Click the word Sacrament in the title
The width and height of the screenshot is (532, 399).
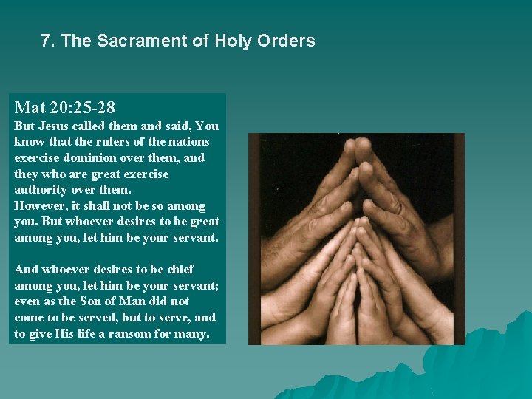[140, 41]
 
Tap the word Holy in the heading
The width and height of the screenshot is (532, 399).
[233, 41]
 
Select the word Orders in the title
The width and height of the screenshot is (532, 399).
[284, 41]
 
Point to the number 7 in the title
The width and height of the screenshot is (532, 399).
[47, 41]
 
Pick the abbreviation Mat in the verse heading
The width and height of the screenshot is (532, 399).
[28, 108]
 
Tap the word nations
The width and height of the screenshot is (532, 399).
[188, 141]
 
